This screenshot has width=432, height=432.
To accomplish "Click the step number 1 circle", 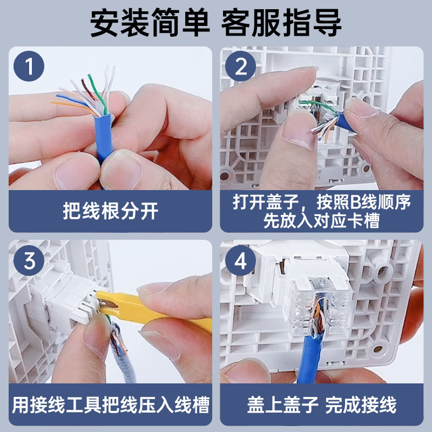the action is [x=29, y=66].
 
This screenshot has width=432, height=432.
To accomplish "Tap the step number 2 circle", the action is [x=240, y=66].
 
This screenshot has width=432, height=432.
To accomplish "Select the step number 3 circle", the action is [x=29, y=260].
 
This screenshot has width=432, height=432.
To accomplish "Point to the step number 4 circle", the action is [x=240, y=260].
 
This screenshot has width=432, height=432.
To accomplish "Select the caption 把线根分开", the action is [x=111, y=211].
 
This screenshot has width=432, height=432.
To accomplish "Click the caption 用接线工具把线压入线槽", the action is [x=111, y=405].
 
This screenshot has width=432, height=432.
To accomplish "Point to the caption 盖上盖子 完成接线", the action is [x=322, y=405].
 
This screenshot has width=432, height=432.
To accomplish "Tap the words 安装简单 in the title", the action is [x=150, y=22].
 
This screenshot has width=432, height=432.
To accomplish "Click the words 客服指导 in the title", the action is [x=281, y=22].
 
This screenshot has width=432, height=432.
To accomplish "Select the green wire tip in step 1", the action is [x=89, y=75].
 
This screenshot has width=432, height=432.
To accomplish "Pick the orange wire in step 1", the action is [x=73, y=106].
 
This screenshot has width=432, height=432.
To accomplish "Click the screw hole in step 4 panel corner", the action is [x=379, y=349].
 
